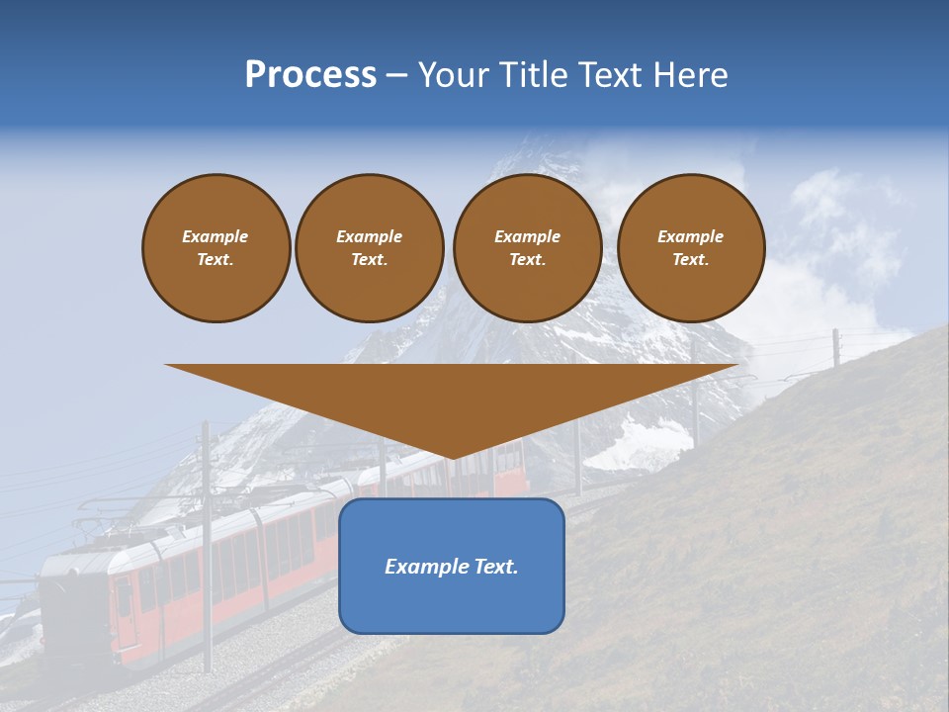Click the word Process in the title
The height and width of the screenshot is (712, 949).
click(x=310, y=75)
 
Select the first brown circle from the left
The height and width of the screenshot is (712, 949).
click(x=216, y=247)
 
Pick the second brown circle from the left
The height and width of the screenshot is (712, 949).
click(x=370, y=247)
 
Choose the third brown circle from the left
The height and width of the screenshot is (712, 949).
click(x=528, y=247)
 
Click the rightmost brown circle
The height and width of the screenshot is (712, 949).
click(x=691, y=247)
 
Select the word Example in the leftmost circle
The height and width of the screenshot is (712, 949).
click(x=216, y=236)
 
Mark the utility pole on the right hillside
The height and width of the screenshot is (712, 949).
click(x=836, y=347)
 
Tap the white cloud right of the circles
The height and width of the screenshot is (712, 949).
click(x=840, y=227)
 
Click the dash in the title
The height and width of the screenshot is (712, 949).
click(x=397, y=75)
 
